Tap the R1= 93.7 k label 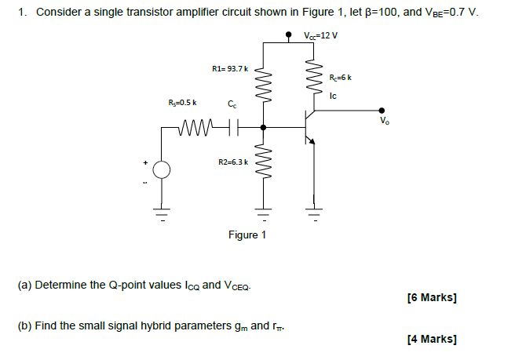[230, 70]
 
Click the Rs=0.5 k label [183, 103]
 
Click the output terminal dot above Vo [382, 111]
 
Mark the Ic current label [334, 96]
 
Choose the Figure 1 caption [247, 235]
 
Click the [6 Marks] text [432, 297]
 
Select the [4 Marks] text [432, 339]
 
